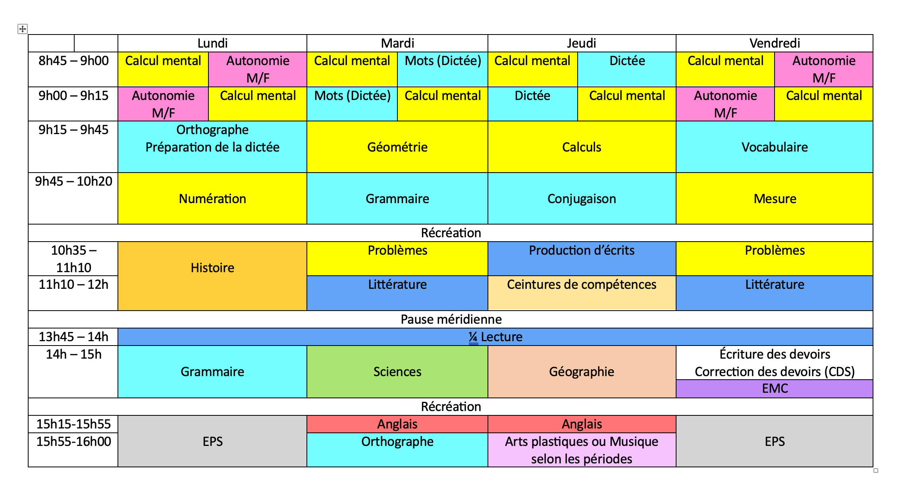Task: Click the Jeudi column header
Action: [582, 43]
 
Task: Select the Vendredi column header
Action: [775, 43]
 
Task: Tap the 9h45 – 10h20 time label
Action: [73, 181]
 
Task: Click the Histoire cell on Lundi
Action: [212, 276]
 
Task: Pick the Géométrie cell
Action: [397, 147]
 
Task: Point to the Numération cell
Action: [212, 198]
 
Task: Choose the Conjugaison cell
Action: [582, 198]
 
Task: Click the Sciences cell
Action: [397, 372]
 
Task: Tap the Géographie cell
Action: [582, 372]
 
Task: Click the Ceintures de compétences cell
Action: [582, 293]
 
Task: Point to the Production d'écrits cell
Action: [582, 259]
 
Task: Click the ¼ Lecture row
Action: [495, 337]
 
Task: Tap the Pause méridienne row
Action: [451, 319]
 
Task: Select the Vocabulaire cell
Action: [775, 147]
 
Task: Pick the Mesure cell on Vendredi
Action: [775, 198]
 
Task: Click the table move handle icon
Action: [23, 29]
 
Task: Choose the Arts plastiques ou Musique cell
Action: [582, 450]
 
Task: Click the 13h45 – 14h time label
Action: [73, 337]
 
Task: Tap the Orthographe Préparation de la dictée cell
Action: [212, 147]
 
